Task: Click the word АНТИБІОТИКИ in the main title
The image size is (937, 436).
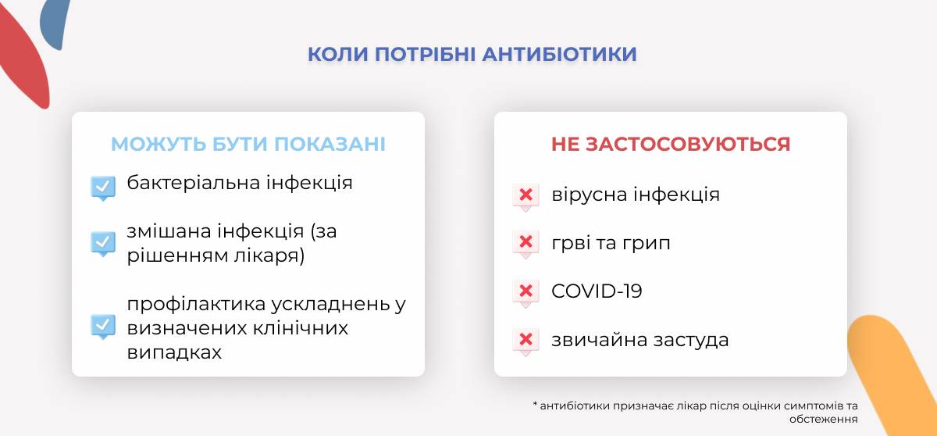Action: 559,55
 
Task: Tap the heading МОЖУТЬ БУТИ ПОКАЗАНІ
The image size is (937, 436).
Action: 248,144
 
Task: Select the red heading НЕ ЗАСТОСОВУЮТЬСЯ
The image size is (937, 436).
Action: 671,144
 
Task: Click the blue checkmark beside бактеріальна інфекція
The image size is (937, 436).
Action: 103,188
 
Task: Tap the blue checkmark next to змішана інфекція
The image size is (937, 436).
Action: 103,244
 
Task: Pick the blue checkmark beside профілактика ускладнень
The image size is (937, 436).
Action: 103,327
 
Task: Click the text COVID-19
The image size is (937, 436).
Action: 597,291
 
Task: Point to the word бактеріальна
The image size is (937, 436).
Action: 194,183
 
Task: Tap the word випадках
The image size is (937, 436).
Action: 174,352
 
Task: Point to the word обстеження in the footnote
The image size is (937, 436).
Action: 823,419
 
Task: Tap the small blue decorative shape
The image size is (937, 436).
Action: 55,23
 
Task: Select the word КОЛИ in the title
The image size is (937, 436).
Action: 337,55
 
